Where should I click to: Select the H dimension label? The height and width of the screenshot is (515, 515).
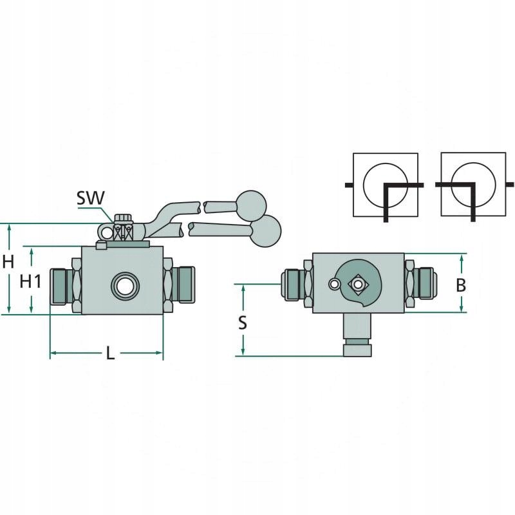point(8,262)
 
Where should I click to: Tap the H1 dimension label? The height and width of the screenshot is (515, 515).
point(31,281)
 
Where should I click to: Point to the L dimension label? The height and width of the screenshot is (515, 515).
point(111,353)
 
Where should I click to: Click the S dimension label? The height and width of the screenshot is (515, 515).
point(243,323)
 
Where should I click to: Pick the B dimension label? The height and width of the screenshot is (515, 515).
point(461,285)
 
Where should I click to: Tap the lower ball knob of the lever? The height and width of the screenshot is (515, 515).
point(265,230)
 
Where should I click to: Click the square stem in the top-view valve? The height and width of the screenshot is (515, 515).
point(356,284)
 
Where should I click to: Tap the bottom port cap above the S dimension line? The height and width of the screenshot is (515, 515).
point(357,350)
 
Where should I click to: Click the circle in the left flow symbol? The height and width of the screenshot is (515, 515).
point(385,183)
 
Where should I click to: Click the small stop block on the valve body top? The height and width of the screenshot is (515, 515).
point(100,245)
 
